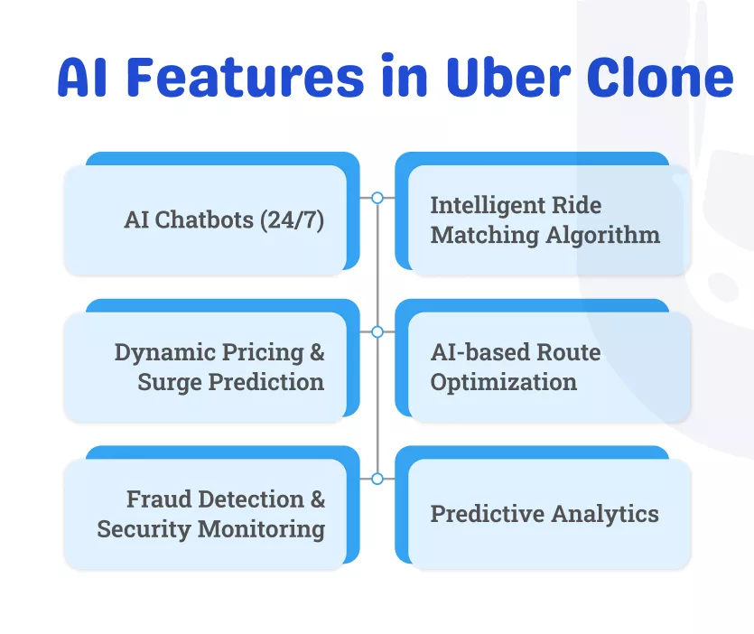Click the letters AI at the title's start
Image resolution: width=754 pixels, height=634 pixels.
coord(82,77)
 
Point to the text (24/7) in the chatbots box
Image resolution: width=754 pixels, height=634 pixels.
coord(292,220)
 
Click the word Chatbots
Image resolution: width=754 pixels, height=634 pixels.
coord(204,220)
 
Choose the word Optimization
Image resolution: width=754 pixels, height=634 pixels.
coord(503,382)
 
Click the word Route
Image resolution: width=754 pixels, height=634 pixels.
coord(569,352)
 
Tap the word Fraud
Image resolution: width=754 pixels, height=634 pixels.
coord(157,499)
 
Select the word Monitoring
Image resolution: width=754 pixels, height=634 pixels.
coord(272,528)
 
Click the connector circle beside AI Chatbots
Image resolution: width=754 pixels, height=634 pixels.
coord(377,197)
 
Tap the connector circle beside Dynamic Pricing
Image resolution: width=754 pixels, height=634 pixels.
coord(377,331)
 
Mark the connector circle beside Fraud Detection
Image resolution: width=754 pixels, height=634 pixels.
coord(377,478)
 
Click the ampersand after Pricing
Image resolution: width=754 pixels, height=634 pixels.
coord(316,352)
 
